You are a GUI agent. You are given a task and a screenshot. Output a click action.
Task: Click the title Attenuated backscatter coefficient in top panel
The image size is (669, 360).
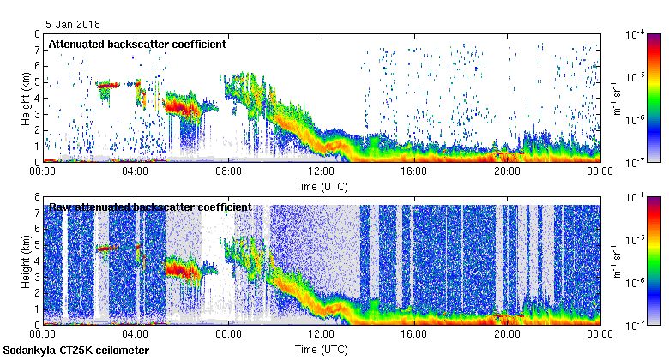[137, 44]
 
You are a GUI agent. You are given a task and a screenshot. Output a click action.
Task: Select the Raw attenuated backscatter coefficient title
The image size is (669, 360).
[150, 207]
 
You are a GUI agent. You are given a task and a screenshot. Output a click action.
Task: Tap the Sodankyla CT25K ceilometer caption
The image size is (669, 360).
[76, 351]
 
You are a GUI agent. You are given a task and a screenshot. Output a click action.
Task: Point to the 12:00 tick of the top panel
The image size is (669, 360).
[321, 171]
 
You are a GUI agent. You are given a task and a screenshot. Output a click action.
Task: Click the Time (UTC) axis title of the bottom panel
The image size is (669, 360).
[321, 350]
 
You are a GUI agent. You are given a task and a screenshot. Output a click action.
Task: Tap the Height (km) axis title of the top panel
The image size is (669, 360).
[27, 98]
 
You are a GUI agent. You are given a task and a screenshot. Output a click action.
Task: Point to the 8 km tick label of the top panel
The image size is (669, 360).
[37, 34]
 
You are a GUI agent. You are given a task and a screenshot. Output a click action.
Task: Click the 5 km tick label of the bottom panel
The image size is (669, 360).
[37, 245]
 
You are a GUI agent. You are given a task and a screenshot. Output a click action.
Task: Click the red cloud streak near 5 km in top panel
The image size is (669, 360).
[107, 85]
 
